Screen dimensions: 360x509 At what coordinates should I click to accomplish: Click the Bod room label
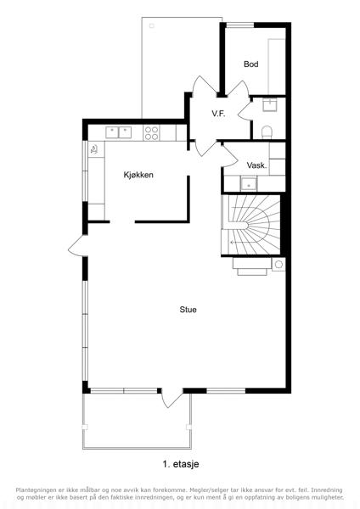click(x=250, y=64)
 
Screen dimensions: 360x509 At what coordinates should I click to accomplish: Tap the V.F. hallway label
click(x=218, y=114)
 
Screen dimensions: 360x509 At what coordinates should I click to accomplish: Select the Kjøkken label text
click(x=138, y=175)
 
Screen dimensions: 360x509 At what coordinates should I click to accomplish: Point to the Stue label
click(x=188, y=310)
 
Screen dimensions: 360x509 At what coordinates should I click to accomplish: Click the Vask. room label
click(x=256, y=165)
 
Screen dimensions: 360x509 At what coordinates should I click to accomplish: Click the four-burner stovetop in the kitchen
click(x=151, y=133)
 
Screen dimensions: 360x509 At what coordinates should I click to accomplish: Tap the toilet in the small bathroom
click(x=267, y=132)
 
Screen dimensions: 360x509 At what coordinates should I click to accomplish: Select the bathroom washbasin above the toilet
click(x=270, y=104)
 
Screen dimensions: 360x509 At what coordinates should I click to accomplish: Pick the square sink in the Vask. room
click(x=249, y=184)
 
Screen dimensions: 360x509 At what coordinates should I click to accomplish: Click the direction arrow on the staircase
click(x=233, y=242)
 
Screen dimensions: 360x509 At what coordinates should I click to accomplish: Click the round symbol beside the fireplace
click(x=278, y=265)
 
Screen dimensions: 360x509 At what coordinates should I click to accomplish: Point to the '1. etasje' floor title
click(x=181, y=464)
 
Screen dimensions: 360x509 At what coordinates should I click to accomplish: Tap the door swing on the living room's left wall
click(x=77, y=246)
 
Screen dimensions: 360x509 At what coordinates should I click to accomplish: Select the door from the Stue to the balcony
click(x=172, y=399)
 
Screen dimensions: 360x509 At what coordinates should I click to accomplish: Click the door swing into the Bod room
click(x=238, y=87)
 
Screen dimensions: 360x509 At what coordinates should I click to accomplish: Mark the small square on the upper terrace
click(x=152, y=25)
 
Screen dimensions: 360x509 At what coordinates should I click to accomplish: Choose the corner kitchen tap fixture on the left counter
click(x=94, y=149)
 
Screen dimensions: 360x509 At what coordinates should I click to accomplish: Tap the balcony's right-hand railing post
click(x=188, y=427)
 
